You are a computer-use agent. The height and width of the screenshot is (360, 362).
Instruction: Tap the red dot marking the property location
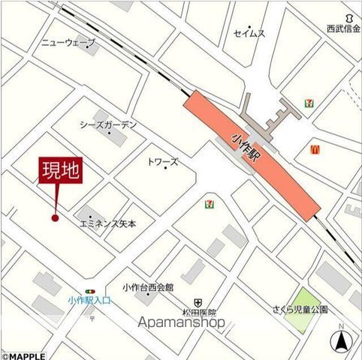tap(54, 218)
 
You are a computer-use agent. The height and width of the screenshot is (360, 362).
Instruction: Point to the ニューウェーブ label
tap(68, 43)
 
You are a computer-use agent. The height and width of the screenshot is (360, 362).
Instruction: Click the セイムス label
tap(249, 34)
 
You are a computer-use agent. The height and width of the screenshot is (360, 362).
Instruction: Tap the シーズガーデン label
tap(109, 125)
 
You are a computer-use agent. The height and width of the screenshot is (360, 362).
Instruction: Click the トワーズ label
tap(162, 161)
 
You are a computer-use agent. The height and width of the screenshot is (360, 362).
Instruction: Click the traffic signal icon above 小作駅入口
tap(91, 291)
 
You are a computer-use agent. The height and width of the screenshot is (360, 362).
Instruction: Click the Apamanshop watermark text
tap(182, 322)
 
